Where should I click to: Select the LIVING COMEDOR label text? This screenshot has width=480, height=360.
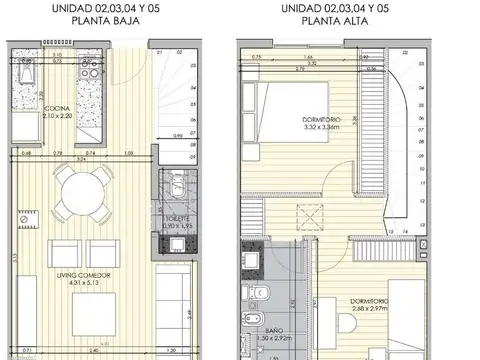click(87, 275)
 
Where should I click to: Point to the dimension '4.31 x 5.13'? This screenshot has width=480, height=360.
click(87, 283)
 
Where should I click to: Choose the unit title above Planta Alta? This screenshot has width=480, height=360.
click(335, 8)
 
